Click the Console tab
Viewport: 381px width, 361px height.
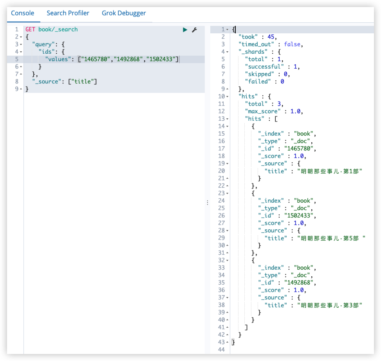click(x=23, y=13)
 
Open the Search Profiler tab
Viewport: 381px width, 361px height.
click(x=68, y=13)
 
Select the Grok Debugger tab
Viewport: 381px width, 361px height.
click(x=124, y=13)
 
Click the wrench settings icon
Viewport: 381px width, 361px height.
click(x=194, y=30)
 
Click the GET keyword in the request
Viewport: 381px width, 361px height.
click(x=31, y=29)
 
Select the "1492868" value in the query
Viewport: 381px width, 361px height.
click(x=128, y=59)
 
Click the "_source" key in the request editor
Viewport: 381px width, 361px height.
click(x=47, y=82)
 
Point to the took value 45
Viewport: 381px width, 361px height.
click(x=271, y=37)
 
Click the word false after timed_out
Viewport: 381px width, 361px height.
click(x=292, y=44)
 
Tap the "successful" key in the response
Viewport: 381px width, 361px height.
click(x=264, y=67)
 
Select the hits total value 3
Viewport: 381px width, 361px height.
click(x=279, y=104)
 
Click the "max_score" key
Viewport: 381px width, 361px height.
click(x=262, y=111)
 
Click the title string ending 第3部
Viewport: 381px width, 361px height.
click(x=329, y=305)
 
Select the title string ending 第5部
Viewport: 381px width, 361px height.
click(x=331, y=238)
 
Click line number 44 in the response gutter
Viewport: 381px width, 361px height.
click(x=221, y=350)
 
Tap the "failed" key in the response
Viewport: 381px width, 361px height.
click(x=258, y=82)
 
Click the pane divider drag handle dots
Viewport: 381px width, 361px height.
click(x=208, y=203)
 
